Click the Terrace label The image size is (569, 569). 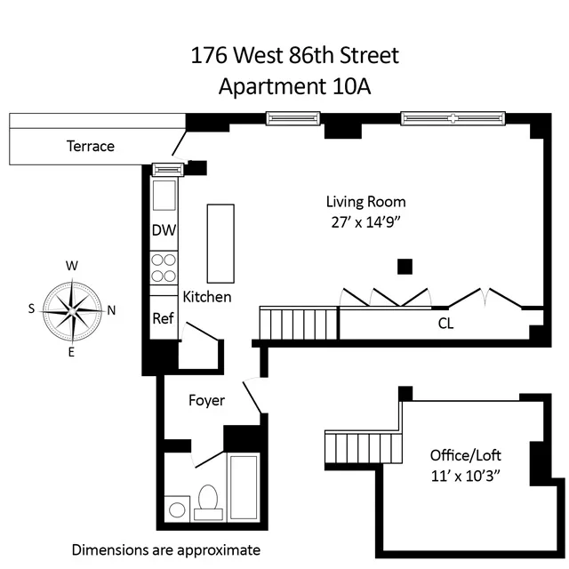click(91, 146)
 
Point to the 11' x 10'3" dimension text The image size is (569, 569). click(463, 476)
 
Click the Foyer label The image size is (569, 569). click(206, 401)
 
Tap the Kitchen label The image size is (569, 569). click(207, 297)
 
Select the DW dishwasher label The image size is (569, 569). click(164, 230)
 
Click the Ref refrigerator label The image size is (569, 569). click(164, 318)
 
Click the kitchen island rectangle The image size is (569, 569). click(220, 242)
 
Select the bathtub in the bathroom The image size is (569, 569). click(244, 485)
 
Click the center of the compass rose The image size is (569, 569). click(71, 309)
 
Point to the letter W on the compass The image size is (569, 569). click(72, 266)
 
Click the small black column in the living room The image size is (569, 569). click(405, 266)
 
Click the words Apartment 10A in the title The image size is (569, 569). click(295, 87)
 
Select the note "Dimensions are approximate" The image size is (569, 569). click(166, 549)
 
